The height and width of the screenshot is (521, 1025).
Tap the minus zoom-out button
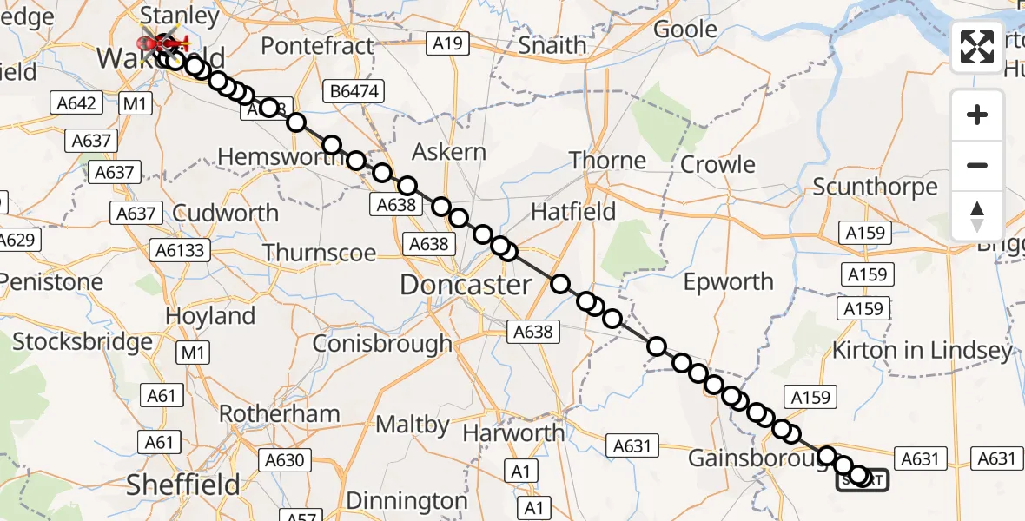(977, 165)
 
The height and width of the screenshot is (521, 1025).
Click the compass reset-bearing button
(977, 216)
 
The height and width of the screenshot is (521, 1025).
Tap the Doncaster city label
(466, 285)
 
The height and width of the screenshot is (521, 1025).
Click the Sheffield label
(182, 485)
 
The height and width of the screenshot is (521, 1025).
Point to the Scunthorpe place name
(875, 187)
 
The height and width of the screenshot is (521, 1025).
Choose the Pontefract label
(317, 45)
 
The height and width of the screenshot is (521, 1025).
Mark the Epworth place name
(728, 281)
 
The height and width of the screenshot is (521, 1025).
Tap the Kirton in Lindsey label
(922, 350)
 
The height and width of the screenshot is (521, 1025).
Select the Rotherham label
(279, 413)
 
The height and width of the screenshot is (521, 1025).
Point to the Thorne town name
(608, 161)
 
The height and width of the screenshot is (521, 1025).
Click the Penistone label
(52, 281)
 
